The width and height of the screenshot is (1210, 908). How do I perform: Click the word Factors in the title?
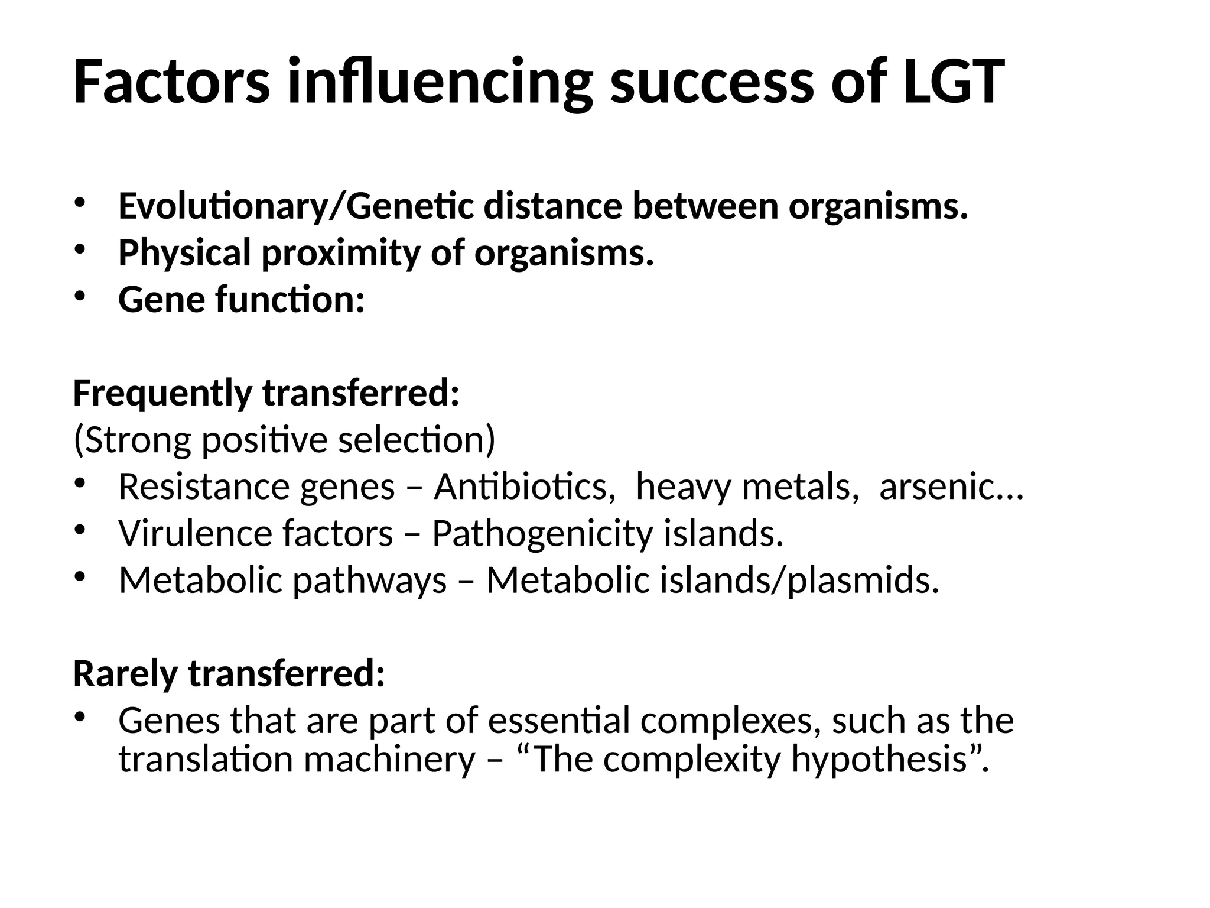tap(171, 82)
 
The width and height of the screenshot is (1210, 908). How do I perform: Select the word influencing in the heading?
tap(440, 83)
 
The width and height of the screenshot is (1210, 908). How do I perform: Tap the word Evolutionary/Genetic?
tap(295, 207)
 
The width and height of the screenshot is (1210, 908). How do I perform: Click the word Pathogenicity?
tap(542, 534)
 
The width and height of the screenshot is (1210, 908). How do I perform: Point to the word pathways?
tap(370, 581)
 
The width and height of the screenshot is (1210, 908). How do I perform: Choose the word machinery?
tap(389, 760)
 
